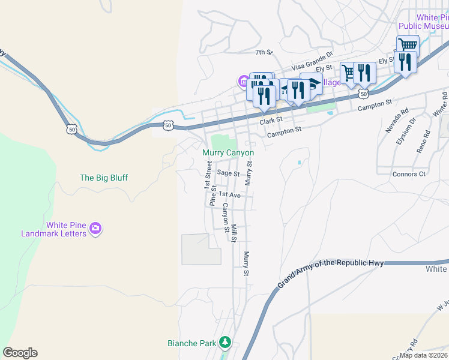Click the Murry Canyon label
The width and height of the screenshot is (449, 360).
(228, 153)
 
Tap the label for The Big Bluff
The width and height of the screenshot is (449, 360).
(104, 178)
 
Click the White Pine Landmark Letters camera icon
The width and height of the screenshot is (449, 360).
(95, 229)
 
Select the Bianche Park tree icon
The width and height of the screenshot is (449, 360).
(225, 343)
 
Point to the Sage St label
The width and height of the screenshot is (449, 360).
(228, 173)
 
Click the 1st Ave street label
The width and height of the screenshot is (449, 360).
(229, 195)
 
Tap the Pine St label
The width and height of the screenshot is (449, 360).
(212, 196)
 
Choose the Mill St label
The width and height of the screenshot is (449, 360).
(234, 233)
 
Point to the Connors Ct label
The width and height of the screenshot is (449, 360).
(409, 174)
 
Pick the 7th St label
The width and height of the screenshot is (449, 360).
(264, 53)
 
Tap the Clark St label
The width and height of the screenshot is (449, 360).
(271, 121)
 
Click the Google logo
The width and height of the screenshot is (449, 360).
(20, 353)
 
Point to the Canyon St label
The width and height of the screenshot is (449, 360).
(226, 218)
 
